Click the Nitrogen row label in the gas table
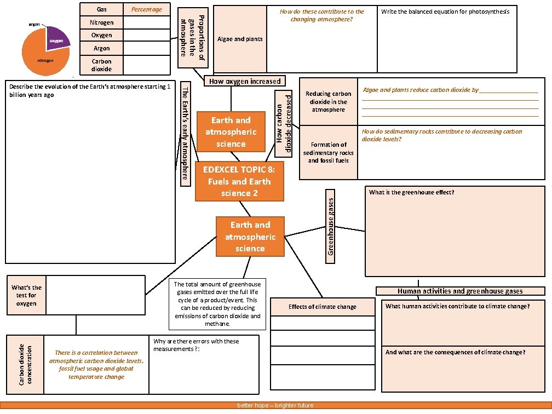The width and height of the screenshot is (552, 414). coord(102,22)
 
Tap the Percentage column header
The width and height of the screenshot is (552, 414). coord(147,9)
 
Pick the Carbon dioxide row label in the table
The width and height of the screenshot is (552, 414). coord(102,65)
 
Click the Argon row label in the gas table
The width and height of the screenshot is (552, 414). coord(102,48)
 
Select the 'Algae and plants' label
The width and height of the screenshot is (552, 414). coord(240,39)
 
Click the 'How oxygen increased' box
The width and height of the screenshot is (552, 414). coord(244,81)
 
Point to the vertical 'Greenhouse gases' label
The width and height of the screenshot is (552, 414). coord(330,226)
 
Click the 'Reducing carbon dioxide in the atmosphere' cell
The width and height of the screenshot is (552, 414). coord(328,102)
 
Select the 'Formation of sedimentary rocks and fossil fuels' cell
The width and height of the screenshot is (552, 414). coord(328,153)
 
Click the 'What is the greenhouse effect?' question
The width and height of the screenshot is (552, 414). coord(411,192)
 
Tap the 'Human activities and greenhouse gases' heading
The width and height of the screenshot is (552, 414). coord(460,291)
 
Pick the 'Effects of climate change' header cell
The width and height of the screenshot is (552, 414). coord(322,307)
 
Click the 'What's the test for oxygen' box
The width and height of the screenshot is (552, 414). coord(26,295)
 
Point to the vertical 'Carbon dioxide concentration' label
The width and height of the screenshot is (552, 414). coord(25,364)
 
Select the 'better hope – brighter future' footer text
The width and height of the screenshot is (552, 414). coord(275,406)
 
